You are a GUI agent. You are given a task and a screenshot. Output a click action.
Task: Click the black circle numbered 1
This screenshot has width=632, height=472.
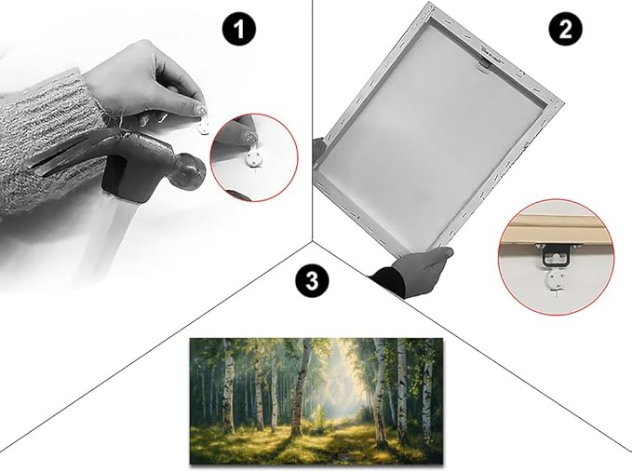click(x=239, y=29)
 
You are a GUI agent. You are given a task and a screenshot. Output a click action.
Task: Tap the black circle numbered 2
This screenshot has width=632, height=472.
click(x=566, y=29)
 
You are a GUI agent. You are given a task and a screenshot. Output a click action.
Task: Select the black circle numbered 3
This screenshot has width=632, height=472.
click(x=312, y=280)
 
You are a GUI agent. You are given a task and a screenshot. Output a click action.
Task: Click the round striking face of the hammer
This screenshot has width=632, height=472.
click(x=190, y=172)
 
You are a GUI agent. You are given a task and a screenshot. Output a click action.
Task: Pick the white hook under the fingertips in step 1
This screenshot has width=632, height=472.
click(x=204, y=128)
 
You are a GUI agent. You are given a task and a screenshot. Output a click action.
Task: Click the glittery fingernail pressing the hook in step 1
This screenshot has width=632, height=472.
click(x=201, y=109)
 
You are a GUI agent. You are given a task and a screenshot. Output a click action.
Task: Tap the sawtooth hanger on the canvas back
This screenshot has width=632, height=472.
click(x=485, y=63)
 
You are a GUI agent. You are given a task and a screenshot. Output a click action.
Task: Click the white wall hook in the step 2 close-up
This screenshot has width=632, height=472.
click(x=556, y=280)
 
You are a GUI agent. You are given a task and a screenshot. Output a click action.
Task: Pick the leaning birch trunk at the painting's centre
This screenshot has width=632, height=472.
click(x=301, y=387)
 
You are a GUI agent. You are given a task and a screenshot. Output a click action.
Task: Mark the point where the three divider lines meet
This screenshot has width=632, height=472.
click(x=313, y=240)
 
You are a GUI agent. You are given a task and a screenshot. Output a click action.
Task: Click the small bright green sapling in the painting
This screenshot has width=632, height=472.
click(x=320, y=417)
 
